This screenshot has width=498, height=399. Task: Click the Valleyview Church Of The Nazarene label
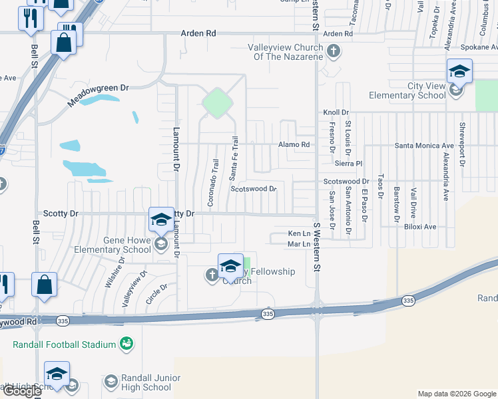(x=286, y=52)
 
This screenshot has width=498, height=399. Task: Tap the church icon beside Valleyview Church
(x=334, y=50)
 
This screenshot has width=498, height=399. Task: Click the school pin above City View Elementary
(x=459, y=71)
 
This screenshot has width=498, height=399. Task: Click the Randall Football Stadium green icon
(x=125, y=343)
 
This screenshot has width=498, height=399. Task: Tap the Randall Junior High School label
(x=146, y=382)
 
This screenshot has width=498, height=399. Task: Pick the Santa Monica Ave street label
(x=424, y=145)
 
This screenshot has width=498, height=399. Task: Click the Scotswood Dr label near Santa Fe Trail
(x=253, y=189)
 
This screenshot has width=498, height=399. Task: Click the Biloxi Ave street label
(x=420, y=227)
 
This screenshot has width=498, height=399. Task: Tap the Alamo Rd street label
(x=294, y=145)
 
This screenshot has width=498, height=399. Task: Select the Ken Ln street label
(x=299, y=233)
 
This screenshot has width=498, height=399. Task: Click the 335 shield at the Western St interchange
(x=268, y=314)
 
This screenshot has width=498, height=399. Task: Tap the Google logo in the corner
(x=21, y=391)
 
